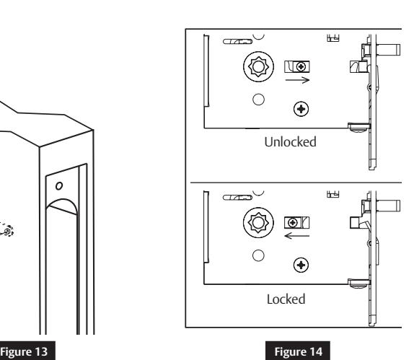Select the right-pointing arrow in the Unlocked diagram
coord(296,81)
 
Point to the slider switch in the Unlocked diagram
coord(296,66)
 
